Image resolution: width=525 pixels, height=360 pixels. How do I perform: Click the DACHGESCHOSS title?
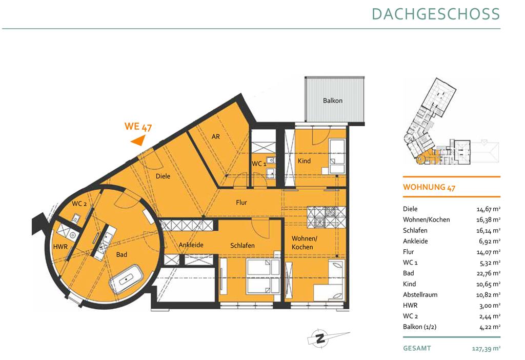(436, 14)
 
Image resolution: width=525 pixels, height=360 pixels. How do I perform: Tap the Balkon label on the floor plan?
(332, 101)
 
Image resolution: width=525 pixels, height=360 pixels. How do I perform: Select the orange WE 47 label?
(138, 127)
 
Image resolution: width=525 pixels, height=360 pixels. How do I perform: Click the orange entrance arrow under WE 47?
(138, 141)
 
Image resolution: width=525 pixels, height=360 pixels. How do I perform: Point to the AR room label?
(216, 136)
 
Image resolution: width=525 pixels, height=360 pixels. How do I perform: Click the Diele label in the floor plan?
(163, 176)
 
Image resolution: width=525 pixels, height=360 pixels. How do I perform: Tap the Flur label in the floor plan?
(241, 202)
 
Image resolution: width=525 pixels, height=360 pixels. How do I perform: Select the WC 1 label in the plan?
(259, 164)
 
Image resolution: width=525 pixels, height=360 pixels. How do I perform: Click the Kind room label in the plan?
(304, 161)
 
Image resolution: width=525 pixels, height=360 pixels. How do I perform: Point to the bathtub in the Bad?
(126, 279)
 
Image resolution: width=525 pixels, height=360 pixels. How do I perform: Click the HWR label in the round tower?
(60, 247)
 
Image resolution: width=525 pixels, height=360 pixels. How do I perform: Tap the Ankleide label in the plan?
(191, 245)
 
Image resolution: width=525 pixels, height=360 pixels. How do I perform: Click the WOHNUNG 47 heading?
(429, 187)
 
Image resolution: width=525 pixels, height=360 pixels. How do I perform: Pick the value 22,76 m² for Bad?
(489, 273)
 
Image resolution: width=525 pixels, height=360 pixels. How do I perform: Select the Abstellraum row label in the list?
(420, 295)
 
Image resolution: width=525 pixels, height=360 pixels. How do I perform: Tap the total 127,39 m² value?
(486, 349)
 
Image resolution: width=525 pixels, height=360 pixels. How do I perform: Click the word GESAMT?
(417, 348)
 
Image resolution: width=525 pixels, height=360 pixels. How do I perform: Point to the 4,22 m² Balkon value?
(490, 327)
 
